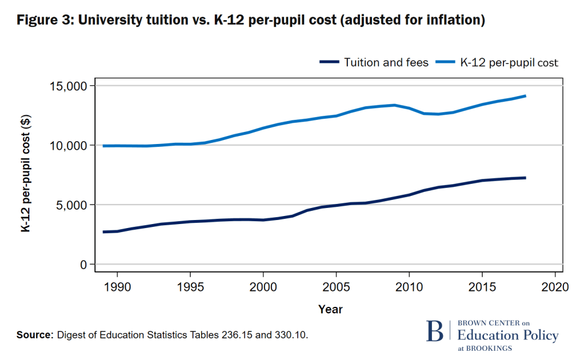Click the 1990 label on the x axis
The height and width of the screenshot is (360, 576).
118,286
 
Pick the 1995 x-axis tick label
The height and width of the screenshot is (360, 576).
191,286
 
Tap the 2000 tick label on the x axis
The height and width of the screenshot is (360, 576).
263,286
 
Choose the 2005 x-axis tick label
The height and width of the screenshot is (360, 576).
336,286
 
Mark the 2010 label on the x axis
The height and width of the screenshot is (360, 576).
409,286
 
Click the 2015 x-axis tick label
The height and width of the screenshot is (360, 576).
482,286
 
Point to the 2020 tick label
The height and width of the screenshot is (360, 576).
555,286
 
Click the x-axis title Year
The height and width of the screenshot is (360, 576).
331,309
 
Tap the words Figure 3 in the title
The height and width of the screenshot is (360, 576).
44,20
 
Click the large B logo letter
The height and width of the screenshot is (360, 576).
435,331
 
